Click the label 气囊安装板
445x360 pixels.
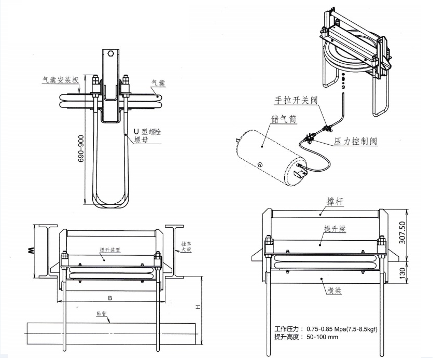pos(60,80)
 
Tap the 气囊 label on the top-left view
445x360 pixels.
pos(158,82)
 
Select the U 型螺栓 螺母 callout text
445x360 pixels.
pos(147,135)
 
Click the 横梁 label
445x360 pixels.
pos(333,291)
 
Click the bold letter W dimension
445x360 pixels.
pos(31,252)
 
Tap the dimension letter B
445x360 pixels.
pos(109,298)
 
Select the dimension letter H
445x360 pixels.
pos(197,307)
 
